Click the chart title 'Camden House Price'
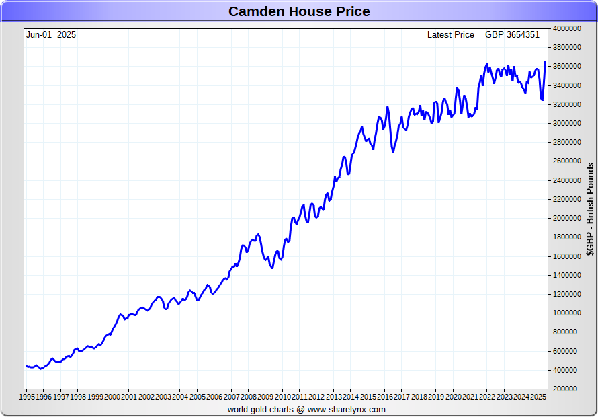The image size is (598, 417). [x=299, y=11]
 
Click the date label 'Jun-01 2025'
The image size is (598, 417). [x=51, y=34]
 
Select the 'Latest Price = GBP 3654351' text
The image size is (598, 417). [x=483, y=34]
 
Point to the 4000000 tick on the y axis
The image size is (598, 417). [x=567, y=28]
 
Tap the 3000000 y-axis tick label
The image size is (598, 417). [x=567, y=123]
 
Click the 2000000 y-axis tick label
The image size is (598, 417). [x=567, y=218]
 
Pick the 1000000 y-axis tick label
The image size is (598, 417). [x=567, y=313]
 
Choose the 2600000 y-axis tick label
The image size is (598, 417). [x=567, y=161]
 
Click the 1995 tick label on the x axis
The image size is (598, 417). [x=27, y=397]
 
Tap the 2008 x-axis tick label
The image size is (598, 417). [x=249, y=397]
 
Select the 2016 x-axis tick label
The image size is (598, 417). [x=385, y=397]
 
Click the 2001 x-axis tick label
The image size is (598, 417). [x=129, y=397]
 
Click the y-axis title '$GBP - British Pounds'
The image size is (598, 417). [x=590, y=209]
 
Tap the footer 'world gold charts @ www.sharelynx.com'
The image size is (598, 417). [x=306, y=409]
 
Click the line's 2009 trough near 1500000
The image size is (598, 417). [x=271, y=268]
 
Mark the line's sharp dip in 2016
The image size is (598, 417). [x=393, y=151]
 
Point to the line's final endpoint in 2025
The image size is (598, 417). [x=545, y=62]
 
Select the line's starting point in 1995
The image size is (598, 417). [x=26, y=366]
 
